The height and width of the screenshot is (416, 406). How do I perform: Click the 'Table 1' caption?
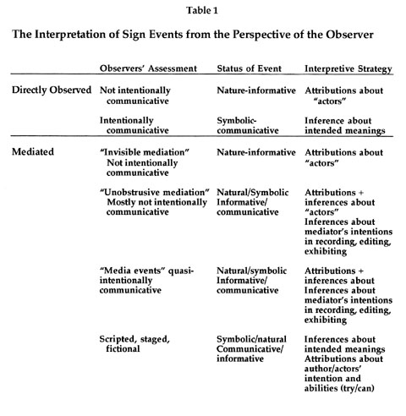(202, 11)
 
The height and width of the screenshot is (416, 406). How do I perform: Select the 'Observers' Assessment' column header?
(148, 68)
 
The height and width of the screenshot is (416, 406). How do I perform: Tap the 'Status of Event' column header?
(249, 68)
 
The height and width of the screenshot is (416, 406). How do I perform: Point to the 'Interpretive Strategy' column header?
(348, 69)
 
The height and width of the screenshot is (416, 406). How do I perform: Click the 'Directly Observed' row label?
(52, 90)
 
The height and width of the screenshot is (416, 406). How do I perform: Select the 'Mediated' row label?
(33, 151)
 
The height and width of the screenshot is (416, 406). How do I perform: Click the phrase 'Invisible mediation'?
(145, 152)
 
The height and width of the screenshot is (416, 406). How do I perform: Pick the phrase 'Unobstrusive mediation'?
(155, 193)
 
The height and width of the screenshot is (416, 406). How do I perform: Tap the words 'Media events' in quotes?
(133, 271)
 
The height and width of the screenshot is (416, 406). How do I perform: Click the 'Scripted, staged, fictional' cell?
(134, 344)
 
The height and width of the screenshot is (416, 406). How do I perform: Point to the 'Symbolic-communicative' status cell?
(248, 125)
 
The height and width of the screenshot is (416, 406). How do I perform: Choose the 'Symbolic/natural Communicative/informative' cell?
(251, 349)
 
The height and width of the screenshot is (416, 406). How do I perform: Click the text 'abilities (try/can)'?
(339, 388)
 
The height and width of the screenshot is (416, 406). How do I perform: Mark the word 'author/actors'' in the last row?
(332, 369)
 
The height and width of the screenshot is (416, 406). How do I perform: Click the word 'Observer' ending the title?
(349, 35)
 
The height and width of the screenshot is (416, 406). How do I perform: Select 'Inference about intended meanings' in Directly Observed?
(345, 125)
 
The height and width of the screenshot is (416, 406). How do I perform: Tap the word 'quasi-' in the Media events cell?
(181, 271)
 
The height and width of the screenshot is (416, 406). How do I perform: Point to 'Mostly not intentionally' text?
(156, 202)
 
